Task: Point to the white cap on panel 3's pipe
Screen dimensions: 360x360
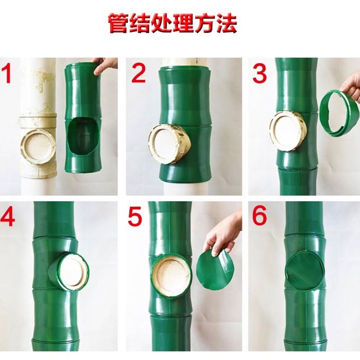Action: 286,131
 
